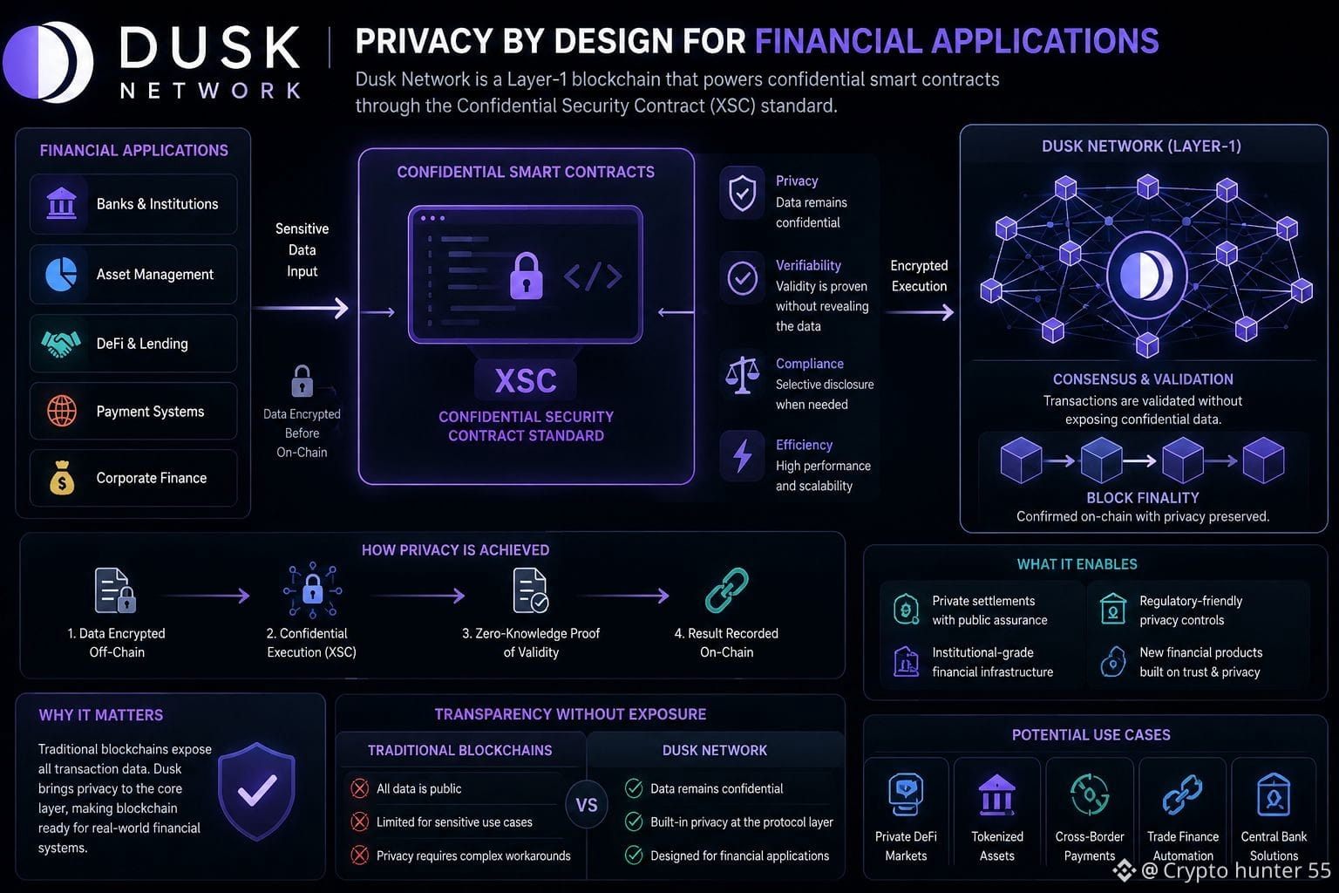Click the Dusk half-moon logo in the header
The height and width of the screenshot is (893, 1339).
click(48, 62)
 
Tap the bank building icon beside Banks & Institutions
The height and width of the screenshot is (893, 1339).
click(61, 203)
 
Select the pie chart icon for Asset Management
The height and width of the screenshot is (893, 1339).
click(61, 275)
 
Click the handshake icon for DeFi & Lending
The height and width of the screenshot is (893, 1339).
click(60, 344)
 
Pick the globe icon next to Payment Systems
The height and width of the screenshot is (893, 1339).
click(62, 411)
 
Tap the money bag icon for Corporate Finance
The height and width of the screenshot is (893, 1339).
click(62, 477)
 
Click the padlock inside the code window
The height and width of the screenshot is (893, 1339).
click(526, 276)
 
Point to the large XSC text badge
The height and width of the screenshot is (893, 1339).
click(526, 380)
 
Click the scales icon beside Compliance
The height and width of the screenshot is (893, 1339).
click(742, 375)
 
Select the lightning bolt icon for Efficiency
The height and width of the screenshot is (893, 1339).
click(742, 456)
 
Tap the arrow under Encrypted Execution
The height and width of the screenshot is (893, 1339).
click(920, 311)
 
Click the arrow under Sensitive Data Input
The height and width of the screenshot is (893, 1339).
click(301, 308)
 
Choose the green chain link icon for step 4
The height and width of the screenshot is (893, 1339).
click(726, 590)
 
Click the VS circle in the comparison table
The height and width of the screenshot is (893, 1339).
click(587, 805)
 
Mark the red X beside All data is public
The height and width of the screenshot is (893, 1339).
click(359, 788)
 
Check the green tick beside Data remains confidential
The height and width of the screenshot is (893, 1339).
click(634, 788)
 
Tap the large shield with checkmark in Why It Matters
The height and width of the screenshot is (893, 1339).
click(256, 791)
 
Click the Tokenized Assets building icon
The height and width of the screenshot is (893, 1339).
click(996, 795)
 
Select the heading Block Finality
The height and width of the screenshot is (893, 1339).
click(1142, 498)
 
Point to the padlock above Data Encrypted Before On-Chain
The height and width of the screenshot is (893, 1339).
click(302, 381)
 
